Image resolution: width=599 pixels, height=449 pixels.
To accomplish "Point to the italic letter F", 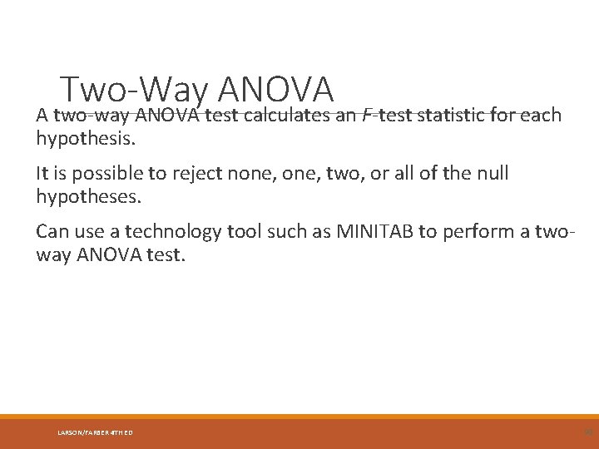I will click(367, 115).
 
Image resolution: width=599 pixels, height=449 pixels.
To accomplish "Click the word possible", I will click(104, 174).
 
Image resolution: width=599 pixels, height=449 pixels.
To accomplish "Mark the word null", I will click(491, 174).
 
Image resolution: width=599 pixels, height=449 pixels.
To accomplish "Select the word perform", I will click(480, 232).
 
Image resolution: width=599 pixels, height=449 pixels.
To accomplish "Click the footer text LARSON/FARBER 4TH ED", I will click(95, 432).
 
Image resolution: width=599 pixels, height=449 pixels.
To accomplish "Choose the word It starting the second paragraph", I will click(42, 174).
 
